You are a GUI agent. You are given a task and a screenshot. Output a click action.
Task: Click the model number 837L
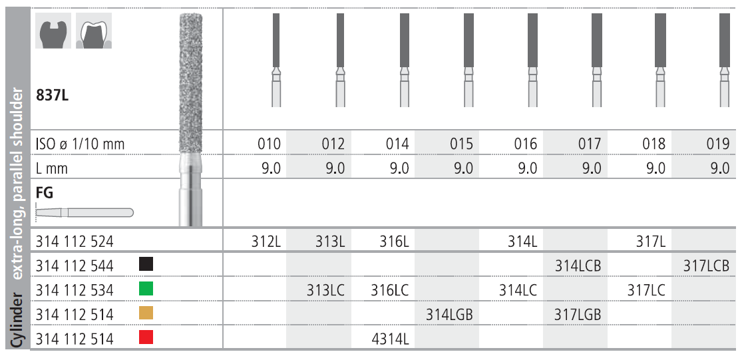(52, 95)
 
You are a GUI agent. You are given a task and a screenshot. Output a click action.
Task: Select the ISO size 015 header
(461, 144)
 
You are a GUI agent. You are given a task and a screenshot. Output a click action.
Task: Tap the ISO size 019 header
(717, 144)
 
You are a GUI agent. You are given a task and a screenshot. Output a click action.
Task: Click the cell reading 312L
(266, 242)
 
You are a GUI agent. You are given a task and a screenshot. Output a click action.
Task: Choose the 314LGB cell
(449, 314)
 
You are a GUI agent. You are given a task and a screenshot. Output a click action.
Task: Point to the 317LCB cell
(706, 266)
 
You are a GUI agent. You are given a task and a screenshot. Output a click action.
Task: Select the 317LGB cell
(578, 314)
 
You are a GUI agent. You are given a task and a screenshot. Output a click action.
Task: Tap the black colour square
(146, 264)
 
